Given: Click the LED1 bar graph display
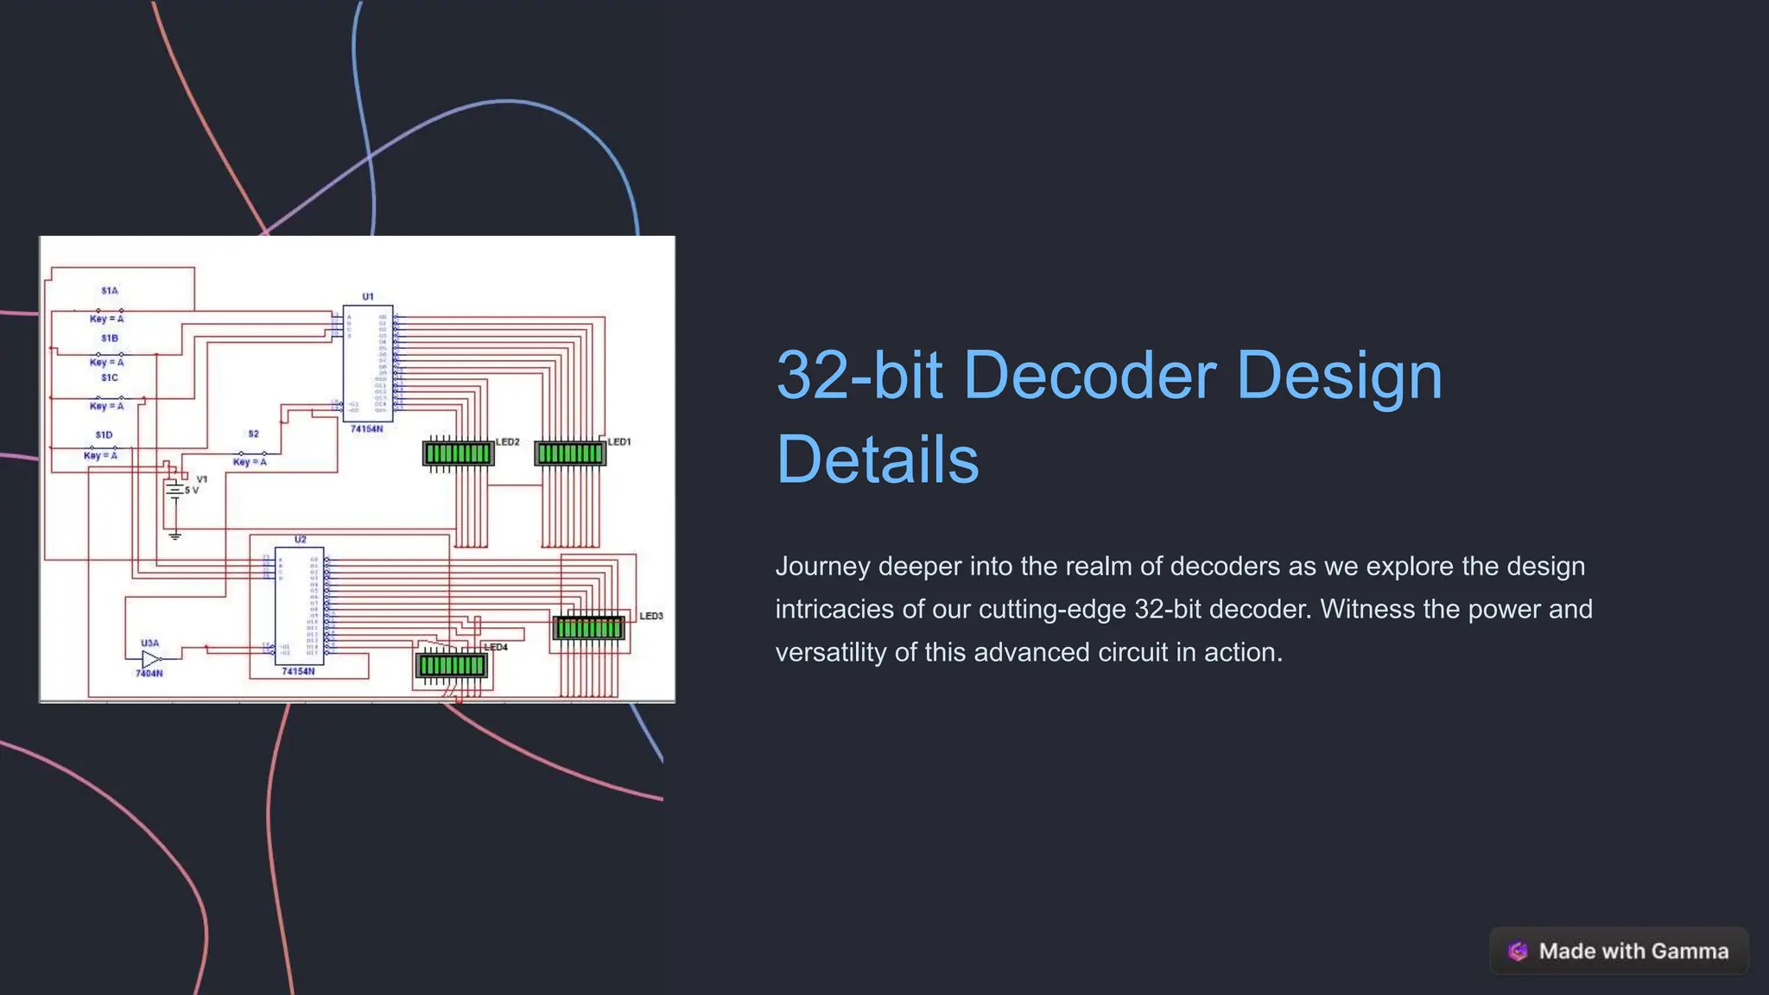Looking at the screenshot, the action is (570, 453).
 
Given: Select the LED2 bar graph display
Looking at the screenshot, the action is (458, 453).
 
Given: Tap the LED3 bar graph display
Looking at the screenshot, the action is (588, 628).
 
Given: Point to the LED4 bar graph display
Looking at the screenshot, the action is (452, 665).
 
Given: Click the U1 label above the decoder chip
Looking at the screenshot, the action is (368, 297).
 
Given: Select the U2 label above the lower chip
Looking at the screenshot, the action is (300, 540).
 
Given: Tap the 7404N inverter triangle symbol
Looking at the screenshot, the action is (151, 659).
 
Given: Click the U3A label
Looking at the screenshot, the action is (149, 643).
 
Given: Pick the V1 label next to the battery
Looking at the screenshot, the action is (202, 479).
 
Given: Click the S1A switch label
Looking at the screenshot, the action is (110, 291).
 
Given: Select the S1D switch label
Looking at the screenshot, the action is (104, 435).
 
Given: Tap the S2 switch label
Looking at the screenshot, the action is (253, 434).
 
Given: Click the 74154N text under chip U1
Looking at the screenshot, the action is (366, 429).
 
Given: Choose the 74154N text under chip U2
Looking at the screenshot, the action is (298, 672).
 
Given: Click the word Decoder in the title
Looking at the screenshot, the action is (1089, 376).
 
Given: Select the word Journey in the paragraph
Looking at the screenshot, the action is (822, 567).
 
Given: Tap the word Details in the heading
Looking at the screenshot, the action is (877, 459).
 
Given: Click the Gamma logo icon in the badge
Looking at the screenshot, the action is (1518, 951).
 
